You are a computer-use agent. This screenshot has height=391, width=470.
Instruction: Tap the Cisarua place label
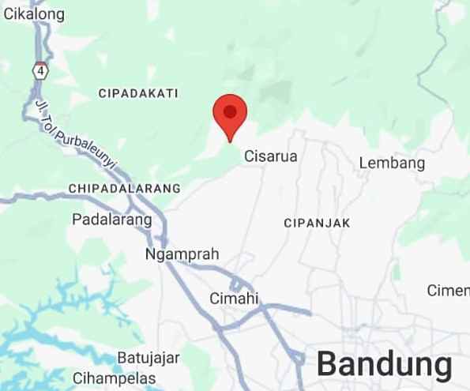[x=271, y=156]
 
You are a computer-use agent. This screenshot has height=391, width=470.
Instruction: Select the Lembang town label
[x=392, y=164]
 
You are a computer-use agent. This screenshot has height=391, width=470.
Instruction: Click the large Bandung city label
[x=385, y=364]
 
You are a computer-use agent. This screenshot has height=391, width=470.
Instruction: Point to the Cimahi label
[x=235, y=298]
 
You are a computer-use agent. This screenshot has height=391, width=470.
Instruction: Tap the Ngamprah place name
[x=182, y=254]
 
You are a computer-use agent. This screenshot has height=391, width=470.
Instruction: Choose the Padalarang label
[x=111, y=219]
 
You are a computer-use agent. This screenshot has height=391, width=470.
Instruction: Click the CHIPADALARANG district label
[x=125, y=189]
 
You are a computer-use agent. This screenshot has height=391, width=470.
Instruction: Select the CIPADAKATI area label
[x=138, y=93]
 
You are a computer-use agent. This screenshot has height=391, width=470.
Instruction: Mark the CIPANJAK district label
[x=317, y=224]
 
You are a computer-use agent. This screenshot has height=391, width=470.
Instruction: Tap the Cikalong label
[x=34, y=13]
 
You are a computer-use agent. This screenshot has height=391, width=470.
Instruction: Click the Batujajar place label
[x=145, y=358]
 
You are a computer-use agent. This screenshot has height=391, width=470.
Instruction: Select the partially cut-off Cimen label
[x=449, y=290]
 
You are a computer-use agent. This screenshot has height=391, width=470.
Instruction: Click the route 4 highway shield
[x=39, y=71]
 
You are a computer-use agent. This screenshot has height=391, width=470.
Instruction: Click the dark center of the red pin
[x=230, y=111]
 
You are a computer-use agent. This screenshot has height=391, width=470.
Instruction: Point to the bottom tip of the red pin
[x=230, y=141]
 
